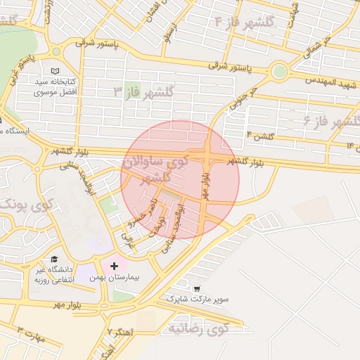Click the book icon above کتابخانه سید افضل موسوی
56,72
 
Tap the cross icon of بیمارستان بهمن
115,266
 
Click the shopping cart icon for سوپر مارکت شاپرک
197,288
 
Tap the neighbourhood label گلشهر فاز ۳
143,92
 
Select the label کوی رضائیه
198,328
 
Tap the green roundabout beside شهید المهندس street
280,70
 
